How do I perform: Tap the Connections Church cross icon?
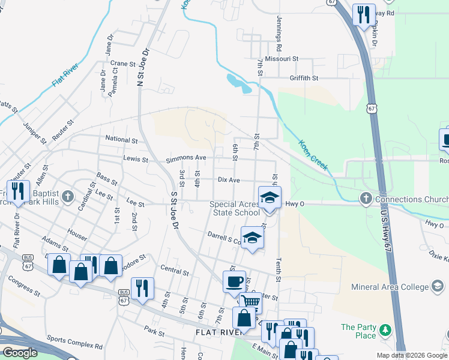(x=366, y=199)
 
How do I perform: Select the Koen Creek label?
(x=313, y=155)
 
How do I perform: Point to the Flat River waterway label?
(x=65, y=73)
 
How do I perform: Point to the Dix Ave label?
(x=229, y=179)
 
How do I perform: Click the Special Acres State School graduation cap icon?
(x=270, y=196)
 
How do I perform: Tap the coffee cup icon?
(x=234, y=280)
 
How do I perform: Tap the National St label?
(x=121, y=140)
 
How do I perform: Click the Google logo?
(x=20, y=353)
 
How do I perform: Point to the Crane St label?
(x=124, y=63)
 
